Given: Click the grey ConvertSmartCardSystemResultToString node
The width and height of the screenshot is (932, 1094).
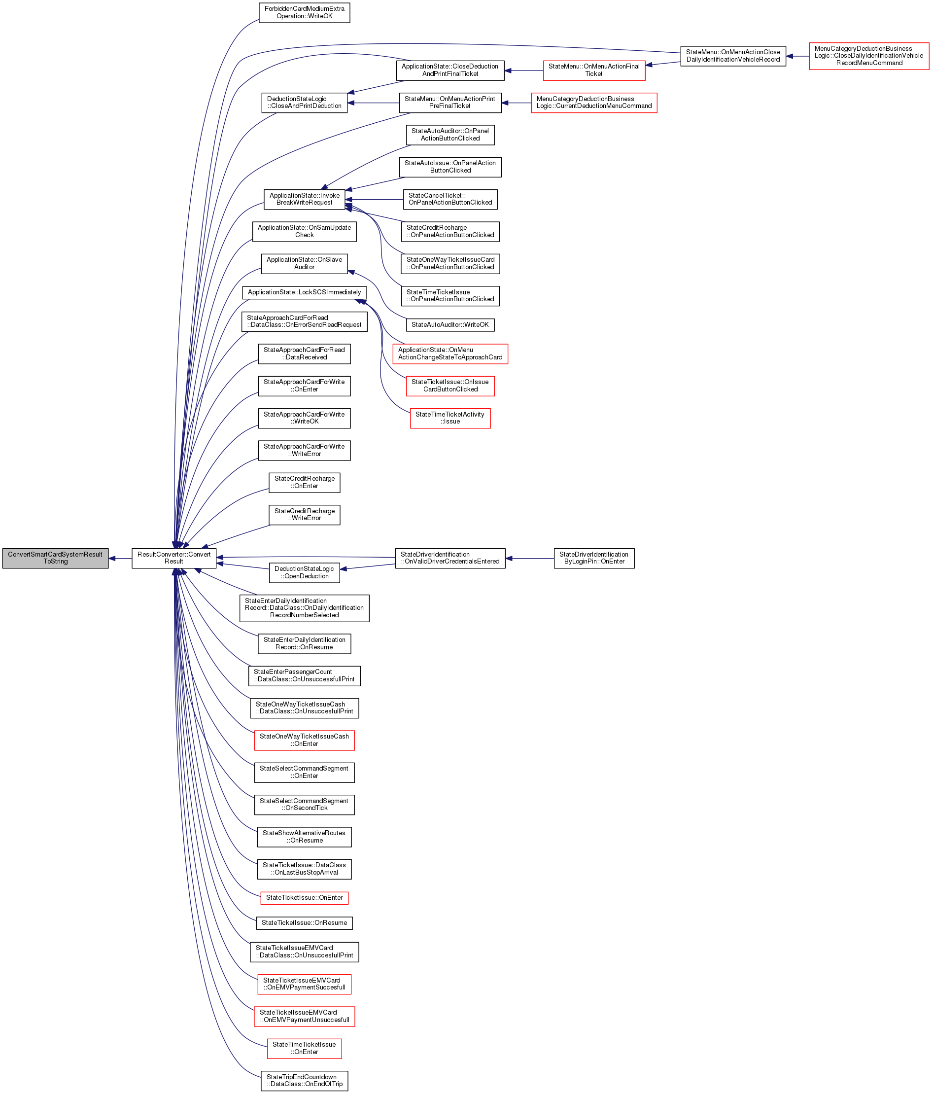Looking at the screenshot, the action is click(55, 558).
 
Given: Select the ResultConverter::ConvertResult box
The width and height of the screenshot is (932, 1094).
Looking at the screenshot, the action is click(173, 558).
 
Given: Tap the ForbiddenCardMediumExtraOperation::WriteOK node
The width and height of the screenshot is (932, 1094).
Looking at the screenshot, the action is click(305, 13).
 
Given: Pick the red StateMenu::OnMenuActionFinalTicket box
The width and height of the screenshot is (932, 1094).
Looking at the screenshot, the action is click(594, 70).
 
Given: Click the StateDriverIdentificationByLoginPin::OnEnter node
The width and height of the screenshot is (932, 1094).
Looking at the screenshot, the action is click(594, 558).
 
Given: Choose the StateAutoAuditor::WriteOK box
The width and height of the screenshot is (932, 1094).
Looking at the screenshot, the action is click(450, 325).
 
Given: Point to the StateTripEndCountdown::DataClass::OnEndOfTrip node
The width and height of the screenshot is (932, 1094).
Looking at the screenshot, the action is click(305, 1080).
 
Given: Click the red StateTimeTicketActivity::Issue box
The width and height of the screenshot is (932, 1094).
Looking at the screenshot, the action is click(450, 418).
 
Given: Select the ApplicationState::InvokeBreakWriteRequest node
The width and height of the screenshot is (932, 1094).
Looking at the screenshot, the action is click(305, 199).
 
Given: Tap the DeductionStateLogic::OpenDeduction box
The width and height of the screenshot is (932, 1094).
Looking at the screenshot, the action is click(305, 573).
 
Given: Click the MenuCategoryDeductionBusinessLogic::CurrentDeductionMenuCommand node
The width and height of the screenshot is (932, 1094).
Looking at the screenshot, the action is click(594, 103).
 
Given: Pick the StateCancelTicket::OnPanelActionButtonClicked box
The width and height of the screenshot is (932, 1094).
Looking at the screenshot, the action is click(450, 199).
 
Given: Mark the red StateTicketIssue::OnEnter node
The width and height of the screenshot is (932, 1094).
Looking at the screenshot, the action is click(305, 898).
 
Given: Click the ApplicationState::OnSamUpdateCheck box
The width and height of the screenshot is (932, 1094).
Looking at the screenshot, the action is click(305, 231).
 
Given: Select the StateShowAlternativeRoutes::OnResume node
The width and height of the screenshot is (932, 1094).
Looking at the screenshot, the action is click(305, 837).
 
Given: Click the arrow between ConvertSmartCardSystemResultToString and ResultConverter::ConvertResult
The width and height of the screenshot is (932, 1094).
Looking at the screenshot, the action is click(120, 558).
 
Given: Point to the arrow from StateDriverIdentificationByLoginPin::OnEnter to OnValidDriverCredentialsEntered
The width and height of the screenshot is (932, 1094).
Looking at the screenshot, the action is click(530, 558).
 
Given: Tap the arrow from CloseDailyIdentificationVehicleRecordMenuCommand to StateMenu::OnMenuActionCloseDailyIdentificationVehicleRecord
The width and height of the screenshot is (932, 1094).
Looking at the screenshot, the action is click(797, 56).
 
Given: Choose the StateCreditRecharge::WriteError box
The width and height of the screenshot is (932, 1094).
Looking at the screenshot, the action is click(305, 515).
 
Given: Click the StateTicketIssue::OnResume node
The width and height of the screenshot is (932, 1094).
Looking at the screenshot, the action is click(305, 923).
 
